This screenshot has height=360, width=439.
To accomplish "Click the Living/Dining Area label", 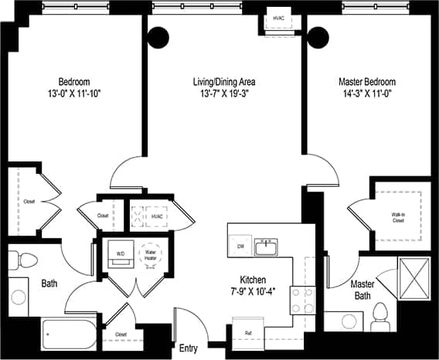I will click(x=224, y=81).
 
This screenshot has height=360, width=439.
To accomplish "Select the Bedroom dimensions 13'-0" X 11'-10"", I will click(x=74, y=94).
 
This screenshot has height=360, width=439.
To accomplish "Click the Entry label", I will click(x=188, y=348).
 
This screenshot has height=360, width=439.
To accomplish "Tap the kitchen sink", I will click(x=267, y=247).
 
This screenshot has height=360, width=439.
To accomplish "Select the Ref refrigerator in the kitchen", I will click(x=248, y=335).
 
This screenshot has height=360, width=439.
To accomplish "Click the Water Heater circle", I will click(x=150, y=253).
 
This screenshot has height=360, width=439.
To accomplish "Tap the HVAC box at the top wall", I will click(x=277, y=19).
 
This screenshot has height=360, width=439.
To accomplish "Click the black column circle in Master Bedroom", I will click(x=318, y=36).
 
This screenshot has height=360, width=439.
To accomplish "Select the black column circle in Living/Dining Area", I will click(x=158, y=36).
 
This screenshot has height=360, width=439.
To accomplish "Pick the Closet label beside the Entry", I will click(x=121, y=335).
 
